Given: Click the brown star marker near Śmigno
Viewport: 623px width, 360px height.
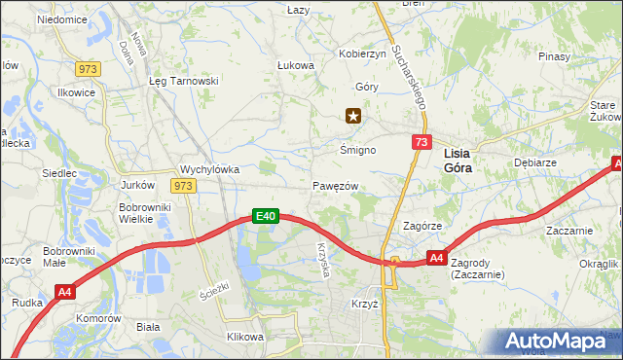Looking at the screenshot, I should point(353,117).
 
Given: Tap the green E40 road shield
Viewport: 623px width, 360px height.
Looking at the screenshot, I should point(267,216).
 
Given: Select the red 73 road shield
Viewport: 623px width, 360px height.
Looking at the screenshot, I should point(420,143).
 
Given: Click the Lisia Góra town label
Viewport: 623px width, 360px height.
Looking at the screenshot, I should point(463,161).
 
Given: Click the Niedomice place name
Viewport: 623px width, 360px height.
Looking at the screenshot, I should point(61,19).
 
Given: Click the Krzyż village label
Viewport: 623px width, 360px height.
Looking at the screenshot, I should point(364,304).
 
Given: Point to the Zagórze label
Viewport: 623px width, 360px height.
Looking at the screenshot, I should point(423,226).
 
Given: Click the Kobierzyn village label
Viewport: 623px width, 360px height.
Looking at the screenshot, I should point(362,54).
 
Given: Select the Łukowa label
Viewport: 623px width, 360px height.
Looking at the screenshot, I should point(296,66).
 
